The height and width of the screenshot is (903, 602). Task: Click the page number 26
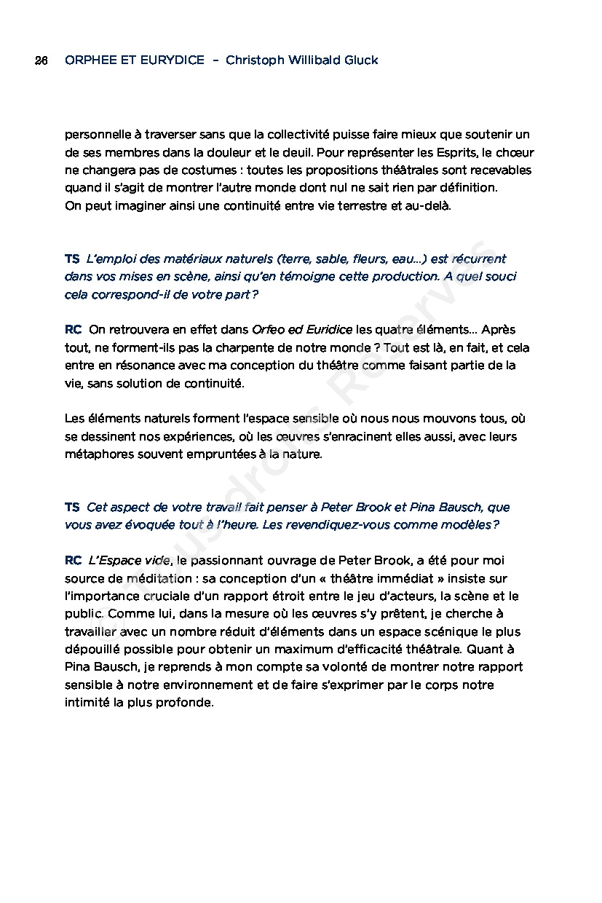point(41,60)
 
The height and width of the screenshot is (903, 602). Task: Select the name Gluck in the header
point(360,60)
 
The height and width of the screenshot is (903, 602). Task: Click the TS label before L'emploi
point(72,259)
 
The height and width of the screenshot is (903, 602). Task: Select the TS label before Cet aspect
point(72,507)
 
